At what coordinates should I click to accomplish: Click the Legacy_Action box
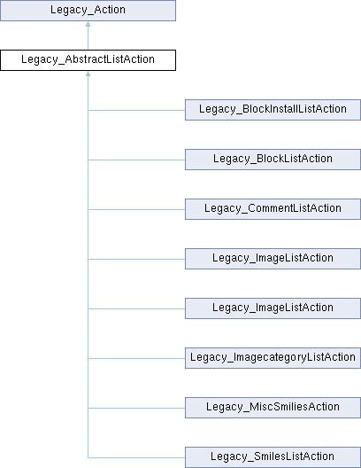(88, 11)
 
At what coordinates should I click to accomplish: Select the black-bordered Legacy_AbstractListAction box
(88, 60)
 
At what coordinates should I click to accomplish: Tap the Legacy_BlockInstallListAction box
(273, 110)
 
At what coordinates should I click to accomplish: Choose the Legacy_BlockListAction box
(273, 160)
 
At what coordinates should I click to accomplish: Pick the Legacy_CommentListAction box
(273, 209)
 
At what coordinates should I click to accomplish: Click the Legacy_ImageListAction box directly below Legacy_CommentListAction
(273, 259)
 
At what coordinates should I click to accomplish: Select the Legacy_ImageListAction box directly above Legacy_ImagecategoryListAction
(273, 308)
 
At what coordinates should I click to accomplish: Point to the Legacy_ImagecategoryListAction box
(273, 358)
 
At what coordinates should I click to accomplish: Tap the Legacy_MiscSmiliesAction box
(273, 408)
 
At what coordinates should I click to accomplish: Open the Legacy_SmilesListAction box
(273, 457)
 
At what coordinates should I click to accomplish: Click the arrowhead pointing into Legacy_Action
(88, 24)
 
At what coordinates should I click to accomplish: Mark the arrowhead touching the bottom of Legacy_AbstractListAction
(88, 74)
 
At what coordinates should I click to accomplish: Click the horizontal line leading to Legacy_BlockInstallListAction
(136, 110)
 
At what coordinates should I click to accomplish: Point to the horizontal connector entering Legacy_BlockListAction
(136, 160)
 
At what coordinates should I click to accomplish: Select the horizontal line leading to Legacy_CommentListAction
(136, 209)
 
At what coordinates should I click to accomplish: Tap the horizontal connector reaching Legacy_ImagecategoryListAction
(136, 358)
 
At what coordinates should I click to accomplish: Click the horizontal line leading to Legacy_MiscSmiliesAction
(136, 408)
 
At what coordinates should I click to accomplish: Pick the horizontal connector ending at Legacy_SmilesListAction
(136, 457)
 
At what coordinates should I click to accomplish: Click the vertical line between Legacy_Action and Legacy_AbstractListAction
(88, 38)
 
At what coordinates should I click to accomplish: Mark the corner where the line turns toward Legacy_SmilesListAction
(88, 457)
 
